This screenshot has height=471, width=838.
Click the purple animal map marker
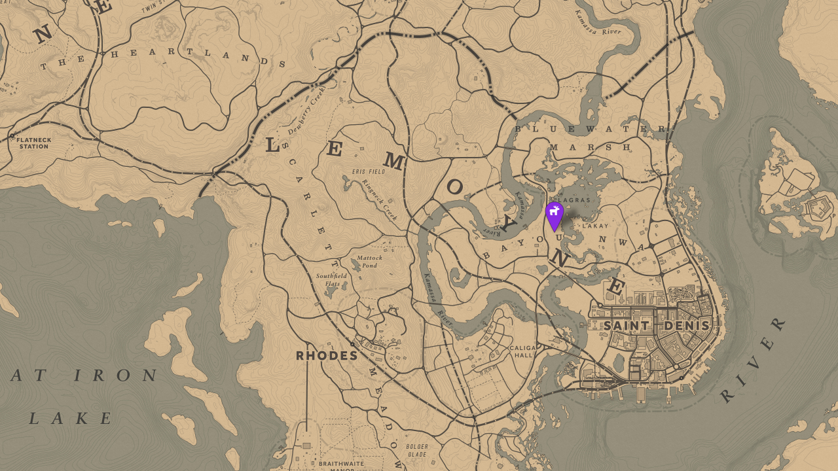pos(555,214)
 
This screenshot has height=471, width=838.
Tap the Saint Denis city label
pos(657,325)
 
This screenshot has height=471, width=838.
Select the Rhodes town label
pos(327,356)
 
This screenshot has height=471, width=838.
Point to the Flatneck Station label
pos(33,143)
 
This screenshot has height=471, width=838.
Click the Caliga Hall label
pos(524,351)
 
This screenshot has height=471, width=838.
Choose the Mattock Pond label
pos(370,262)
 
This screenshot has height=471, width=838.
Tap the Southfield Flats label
pos(332,279)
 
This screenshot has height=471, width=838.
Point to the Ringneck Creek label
pos(380,200)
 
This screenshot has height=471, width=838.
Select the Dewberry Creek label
pos(306,111)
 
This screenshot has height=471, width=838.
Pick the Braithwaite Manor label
pos(342,466)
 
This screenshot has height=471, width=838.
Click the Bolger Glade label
pos(417,451)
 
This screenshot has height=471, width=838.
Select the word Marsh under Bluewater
pos(589,147)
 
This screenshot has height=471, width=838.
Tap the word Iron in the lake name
pos(115,375)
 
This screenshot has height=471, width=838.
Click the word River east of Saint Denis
pos(754,360)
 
